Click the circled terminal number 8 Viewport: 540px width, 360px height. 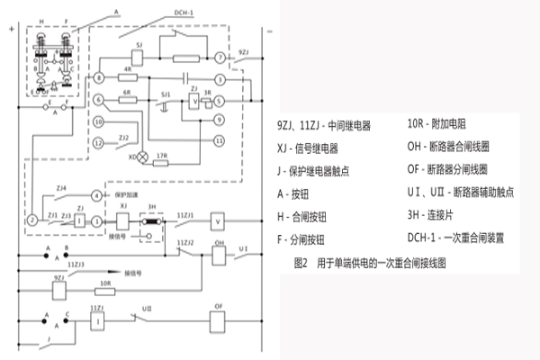tap(99, 80)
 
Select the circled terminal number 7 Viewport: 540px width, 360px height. tap(219, 58)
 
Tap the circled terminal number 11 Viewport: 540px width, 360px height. tap(218, 141)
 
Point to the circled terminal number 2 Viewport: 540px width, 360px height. tap(31, 220)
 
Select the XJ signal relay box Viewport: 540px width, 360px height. tap(123, 220)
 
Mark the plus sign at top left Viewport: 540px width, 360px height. tap(10, 31)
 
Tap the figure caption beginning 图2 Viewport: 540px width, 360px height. tap(369, 265)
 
